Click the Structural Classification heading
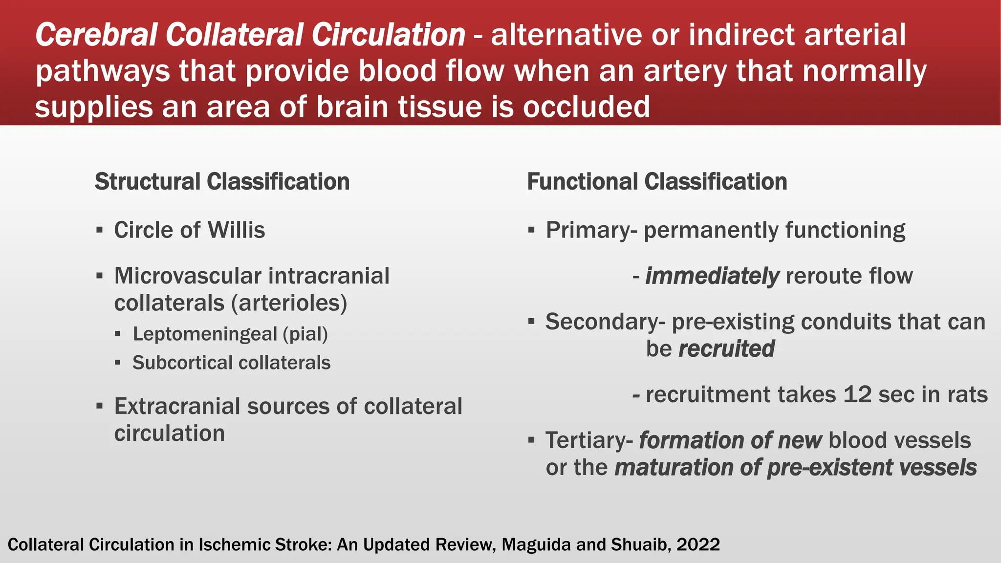pos(222,182)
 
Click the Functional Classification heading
pos(657,182)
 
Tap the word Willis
pos(236,230)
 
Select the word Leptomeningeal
pos(205,334)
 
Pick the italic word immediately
pos(712,276)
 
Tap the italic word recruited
pos(726,349)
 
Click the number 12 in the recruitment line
pos(857,395)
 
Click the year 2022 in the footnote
pos(698,544)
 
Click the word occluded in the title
pos(586,107)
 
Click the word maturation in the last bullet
pos(673,468)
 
